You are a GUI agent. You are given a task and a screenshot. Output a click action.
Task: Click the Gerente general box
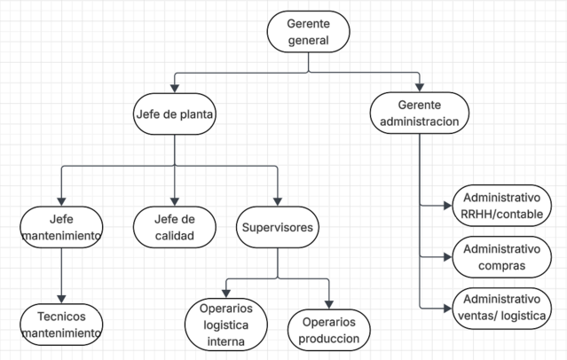click(309, 32)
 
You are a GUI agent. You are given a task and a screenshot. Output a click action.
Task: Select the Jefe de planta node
click(175, 113)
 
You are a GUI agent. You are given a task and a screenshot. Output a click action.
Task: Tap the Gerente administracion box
click(420, 113)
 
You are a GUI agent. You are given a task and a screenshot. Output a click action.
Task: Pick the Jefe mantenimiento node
click(61, 227)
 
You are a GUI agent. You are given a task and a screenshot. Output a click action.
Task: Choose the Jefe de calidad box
click(175, 227)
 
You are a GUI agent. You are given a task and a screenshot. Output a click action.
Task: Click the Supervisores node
click(278, 227)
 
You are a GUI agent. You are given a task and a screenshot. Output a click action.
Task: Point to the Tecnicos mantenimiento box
click(61, 325)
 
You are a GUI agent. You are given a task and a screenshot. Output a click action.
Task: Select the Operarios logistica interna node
click(226, 325)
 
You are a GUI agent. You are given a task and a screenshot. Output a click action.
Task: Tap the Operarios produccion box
click(329, 330)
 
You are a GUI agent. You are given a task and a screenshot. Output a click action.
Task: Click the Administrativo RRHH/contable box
click(502, 206)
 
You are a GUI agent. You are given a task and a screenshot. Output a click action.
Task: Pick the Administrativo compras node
click(502, 257)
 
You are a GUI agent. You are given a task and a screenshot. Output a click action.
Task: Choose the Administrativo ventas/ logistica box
click(502, 309)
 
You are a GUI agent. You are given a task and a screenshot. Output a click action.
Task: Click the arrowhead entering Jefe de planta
click(175, 89)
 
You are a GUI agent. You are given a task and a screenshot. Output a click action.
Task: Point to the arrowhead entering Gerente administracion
click(420, 88)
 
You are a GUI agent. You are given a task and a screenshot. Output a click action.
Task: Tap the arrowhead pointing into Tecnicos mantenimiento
click(61, 299)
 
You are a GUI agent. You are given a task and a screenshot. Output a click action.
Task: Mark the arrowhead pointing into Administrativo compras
click(448, 257)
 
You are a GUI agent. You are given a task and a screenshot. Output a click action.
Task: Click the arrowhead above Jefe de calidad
click(175, 201)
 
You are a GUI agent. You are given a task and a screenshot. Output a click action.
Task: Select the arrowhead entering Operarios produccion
click(329, 304)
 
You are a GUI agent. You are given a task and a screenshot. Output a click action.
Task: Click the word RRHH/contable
click(502, 215)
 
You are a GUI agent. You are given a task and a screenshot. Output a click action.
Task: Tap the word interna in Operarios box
click(226, 341)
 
